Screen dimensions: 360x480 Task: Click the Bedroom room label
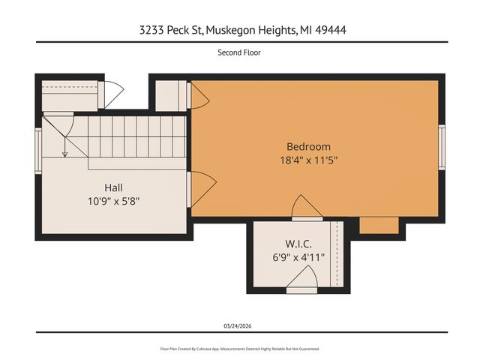(308, 146)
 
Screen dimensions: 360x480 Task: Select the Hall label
(113, 187)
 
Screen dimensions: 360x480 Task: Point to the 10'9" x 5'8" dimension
(113, 201)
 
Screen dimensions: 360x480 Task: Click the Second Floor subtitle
(239, 52)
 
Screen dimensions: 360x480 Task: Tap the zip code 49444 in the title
(330, 30)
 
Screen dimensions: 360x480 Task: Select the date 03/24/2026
(239, 326)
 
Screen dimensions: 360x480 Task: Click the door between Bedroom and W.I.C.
(307, 208)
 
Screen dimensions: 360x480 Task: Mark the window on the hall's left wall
(38, 151)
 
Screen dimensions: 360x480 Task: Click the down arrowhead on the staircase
(65, 154)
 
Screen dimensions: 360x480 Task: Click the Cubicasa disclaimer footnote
(239, 349)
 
